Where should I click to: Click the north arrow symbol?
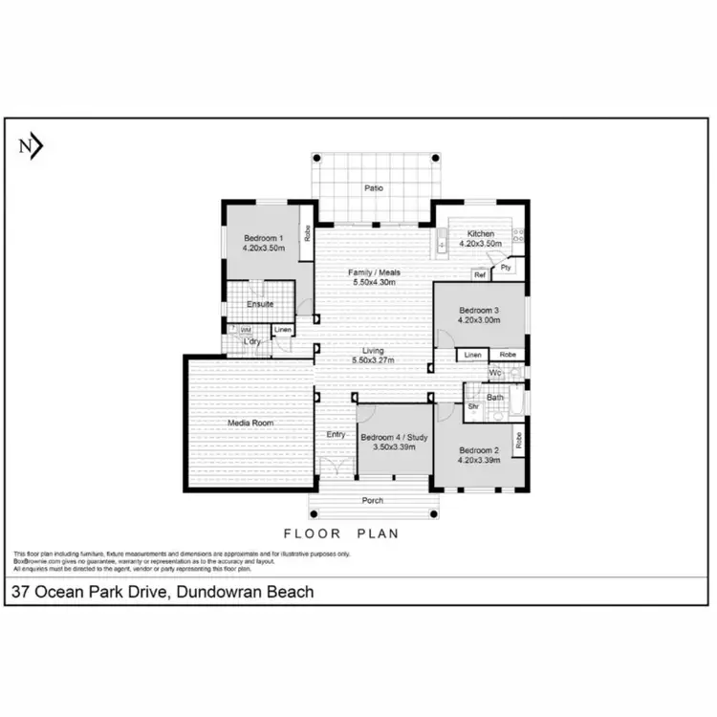31,146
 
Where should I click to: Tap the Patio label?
374,188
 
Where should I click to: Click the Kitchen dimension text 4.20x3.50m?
480,244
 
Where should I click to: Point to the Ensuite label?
260,304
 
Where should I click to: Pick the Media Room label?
250,423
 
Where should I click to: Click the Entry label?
336,434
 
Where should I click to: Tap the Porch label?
373,501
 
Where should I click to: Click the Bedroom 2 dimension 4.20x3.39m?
480,460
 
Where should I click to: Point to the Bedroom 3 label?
479,311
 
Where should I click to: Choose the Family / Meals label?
374,273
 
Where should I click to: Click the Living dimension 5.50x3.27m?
374,360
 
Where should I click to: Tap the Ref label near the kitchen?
480,275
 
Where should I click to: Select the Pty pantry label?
506,269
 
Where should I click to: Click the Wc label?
494,373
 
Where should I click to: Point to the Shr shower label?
473,405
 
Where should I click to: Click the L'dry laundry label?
251,341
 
